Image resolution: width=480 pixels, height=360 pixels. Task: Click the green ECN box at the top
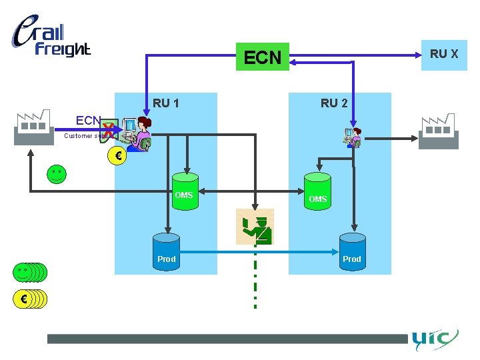tap(263, 57)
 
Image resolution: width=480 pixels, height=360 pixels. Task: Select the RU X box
tap(443, 55)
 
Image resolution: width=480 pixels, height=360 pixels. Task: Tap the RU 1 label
tap(166, 103)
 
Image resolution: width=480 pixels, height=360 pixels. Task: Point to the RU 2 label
tap(334, 103)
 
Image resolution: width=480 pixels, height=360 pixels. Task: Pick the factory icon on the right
tap(438, 131)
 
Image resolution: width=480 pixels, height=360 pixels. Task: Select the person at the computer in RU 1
tap(137, 133)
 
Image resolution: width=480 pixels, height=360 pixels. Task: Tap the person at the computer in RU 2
tap(351, 137)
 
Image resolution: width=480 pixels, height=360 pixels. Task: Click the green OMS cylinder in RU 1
tap(184, 192)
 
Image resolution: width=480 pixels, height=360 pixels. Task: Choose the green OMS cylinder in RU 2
tap(318, 195)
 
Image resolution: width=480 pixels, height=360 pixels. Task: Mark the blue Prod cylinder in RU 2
tap(352, 253)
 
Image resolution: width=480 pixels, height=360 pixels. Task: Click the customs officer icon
tap(255, 227)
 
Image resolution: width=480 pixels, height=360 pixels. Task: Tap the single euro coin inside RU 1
tap(117, 157)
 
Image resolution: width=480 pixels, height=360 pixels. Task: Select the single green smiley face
tap(57, 175)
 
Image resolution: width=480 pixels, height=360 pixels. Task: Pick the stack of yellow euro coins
tap(30, 299)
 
